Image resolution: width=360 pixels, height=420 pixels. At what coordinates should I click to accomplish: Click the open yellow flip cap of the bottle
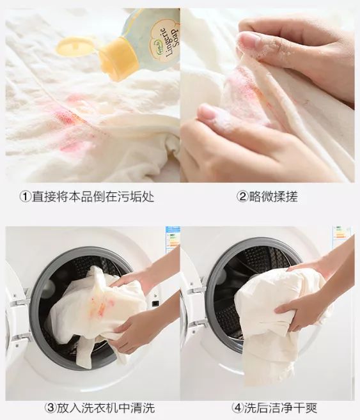click(75, 46)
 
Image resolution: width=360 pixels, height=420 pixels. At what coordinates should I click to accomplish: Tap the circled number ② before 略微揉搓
click(242, 196)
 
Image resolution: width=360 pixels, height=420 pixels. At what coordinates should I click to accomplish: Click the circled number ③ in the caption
click(49, 407)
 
